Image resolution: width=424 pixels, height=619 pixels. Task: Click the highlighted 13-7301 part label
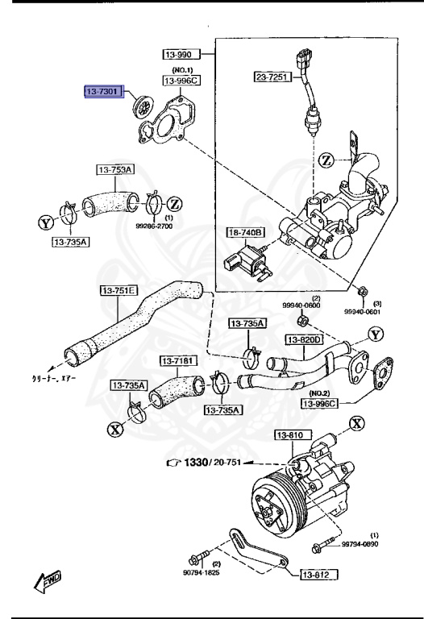(x=103, y=93)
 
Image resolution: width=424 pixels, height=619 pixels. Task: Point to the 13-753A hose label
(x=117, y=169)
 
